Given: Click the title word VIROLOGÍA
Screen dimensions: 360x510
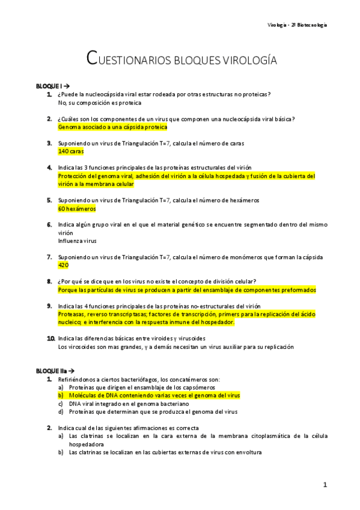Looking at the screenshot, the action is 242,60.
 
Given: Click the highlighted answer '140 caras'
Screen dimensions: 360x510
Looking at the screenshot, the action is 71,152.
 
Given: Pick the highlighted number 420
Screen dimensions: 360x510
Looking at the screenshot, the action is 63,265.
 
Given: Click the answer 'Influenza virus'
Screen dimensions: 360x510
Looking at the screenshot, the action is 78,241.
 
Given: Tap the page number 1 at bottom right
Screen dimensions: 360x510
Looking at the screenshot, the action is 325,484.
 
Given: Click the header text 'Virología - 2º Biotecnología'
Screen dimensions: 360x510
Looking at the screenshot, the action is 297,25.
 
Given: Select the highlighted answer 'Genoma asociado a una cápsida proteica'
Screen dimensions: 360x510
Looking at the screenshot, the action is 112,127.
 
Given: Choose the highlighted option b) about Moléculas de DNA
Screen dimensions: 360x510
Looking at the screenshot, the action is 153,396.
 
